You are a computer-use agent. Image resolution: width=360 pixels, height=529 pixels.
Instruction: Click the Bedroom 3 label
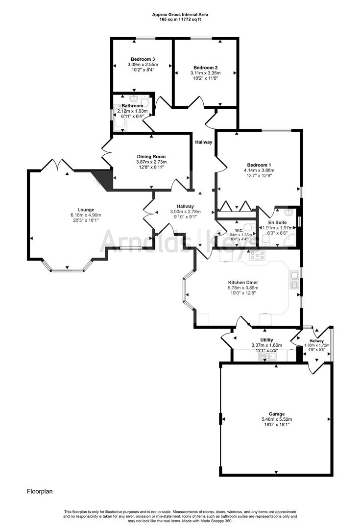[142, 59]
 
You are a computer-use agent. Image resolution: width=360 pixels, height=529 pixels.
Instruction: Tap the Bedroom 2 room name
[205, 68]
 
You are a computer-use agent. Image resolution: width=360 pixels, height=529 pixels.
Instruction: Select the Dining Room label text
[151, 157]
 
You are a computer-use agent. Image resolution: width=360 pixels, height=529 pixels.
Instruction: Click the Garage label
[276, 414]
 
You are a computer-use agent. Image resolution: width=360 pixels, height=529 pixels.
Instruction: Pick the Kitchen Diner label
[243, 283]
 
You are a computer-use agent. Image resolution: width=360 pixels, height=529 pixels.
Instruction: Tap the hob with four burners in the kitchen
[257, 255]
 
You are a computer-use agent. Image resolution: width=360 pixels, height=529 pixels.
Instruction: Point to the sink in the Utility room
[268, 357]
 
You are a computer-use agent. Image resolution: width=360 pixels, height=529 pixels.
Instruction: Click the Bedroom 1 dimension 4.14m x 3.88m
[259, 170]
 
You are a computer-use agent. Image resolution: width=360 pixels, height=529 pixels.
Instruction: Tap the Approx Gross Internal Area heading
[179, 15]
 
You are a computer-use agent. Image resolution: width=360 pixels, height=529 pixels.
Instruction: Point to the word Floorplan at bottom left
[39, 490]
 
